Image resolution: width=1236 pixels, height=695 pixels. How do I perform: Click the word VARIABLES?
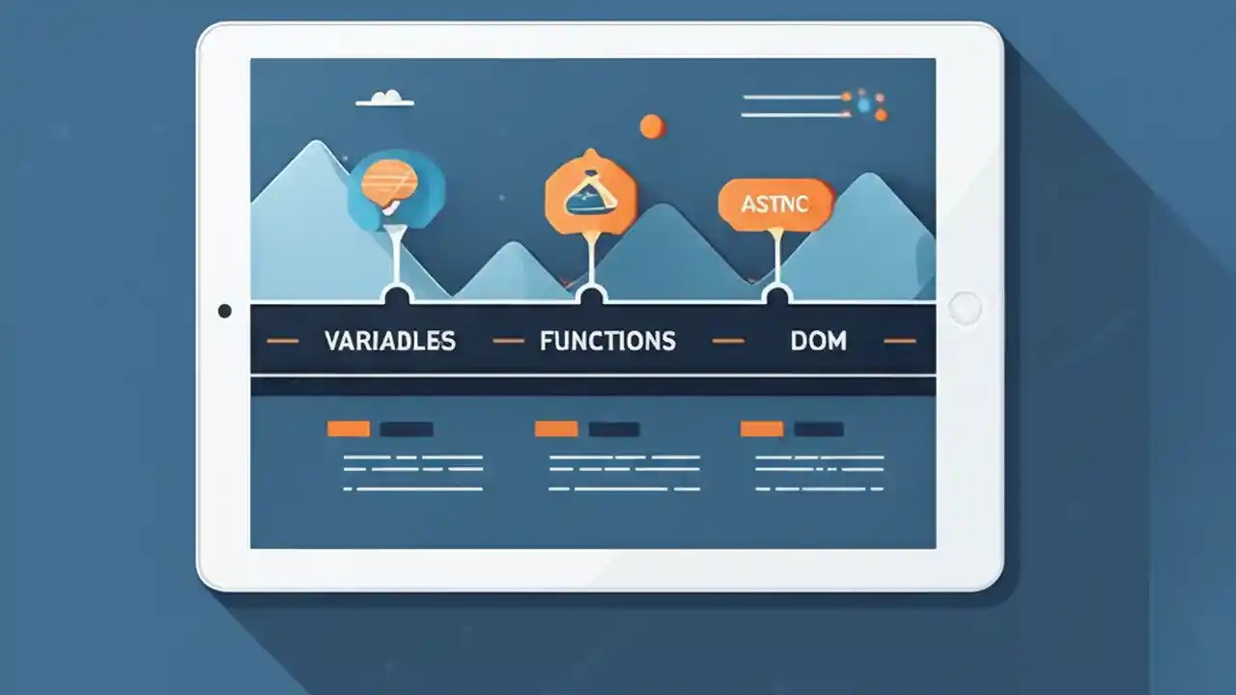click(389, 341)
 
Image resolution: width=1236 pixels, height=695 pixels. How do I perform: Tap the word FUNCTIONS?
click(607, 341)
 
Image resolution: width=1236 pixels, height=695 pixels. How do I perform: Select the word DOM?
click(818, 341)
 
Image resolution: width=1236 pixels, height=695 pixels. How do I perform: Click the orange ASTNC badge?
click(774, 205)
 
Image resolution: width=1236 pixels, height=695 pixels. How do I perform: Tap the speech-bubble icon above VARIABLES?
click(389, 186)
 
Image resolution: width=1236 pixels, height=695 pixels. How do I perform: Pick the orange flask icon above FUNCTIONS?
click(590, 193)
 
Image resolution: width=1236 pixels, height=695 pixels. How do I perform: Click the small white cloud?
click(385, 98)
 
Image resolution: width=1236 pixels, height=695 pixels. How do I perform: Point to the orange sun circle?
click(652, 125)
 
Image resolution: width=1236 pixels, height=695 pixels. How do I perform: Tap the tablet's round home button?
click(965, 309)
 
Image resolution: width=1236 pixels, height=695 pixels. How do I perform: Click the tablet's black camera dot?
click(225, 311)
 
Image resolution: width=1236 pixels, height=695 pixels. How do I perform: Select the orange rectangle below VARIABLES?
click(349, 429)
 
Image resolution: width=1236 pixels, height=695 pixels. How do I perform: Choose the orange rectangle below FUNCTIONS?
click(556, 429)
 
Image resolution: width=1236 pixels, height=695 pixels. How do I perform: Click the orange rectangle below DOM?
click(762, 429)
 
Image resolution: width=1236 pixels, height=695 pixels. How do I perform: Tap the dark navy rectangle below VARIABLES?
click(407, 429)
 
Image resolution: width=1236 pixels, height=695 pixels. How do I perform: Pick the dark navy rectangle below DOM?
click(818, 429)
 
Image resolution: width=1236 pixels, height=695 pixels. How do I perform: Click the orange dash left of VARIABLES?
click(282, 341)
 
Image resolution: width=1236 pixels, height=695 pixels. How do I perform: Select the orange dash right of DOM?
click(899, 341)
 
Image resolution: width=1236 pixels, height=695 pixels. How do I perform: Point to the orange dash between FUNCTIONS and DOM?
click(728, 341)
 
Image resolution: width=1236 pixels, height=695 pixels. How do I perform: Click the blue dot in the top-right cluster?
click(864, 104)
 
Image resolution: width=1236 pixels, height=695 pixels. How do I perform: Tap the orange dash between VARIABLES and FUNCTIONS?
click(508, 341)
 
